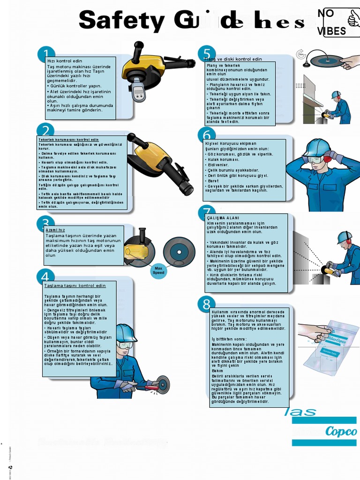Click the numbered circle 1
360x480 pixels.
point(46,55)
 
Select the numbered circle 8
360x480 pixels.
point(206,305)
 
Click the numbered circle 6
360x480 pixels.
point(206,135)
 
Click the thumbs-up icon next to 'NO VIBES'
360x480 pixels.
point(353,19)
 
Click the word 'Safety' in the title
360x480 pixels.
point(122,21)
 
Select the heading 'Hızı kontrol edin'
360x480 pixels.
point(64,61)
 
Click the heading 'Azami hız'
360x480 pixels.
point(55,230)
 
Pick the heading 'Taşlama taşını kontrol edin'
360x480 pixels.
point(75,285)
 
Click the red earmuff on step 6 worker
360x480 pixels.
point(327,158)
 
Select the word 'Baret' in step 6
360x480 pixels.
point(213,180)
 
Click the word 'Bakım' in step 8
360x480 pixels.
point(217,370)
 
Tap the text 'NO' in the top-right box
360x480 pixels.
point(326,14)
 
